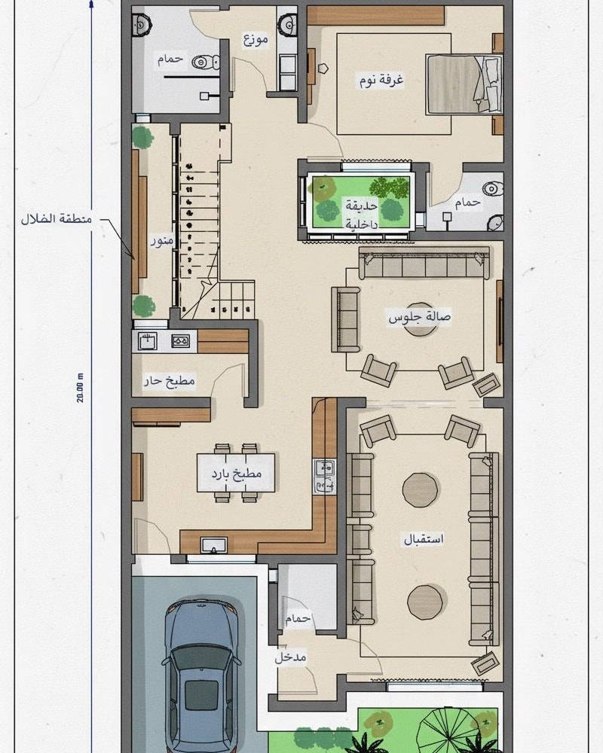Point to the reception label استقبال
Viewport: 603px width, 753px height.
click(x=424, y=539)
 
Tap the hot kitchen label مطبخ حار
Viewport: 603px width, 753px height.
click(x=170, y=382)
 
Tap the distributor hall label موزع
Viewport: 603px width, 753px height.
click(x=256, y=39)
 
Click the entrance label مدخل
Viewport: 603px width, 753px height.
click(x=290, y=657)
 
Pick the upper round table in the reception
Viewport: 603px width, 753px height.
click(x=420, y=489)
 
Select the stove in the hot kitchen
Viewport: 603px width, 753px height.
click(x=181, y=341)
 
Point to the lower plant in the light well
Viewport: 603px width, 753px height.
click(x=143, y=305)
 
